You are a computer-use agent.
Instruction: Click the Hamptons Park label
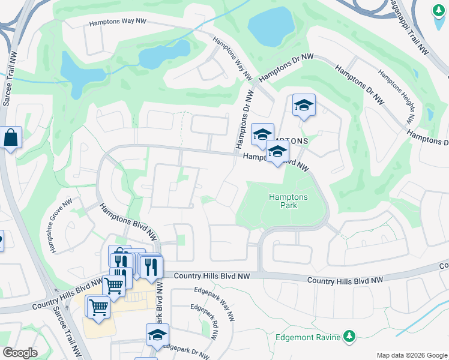pos(288,201)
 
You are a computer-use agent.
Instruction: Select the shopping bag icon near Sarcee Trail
pos(11,138)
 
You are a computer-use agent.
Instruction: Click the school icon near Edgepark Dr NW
pos(157,335)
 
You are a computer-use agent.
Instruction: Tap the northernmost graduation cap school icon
pos(304,106)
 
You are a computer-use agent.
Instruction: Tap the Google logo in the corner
pos(20,353)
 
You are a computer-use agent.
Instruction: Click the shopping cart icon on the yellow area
pos(98,307)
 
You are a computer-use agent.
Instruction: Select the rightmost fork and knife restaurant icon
pos(151,265)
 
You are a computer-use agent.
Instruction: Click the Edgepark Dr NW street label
pos(187,351)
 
